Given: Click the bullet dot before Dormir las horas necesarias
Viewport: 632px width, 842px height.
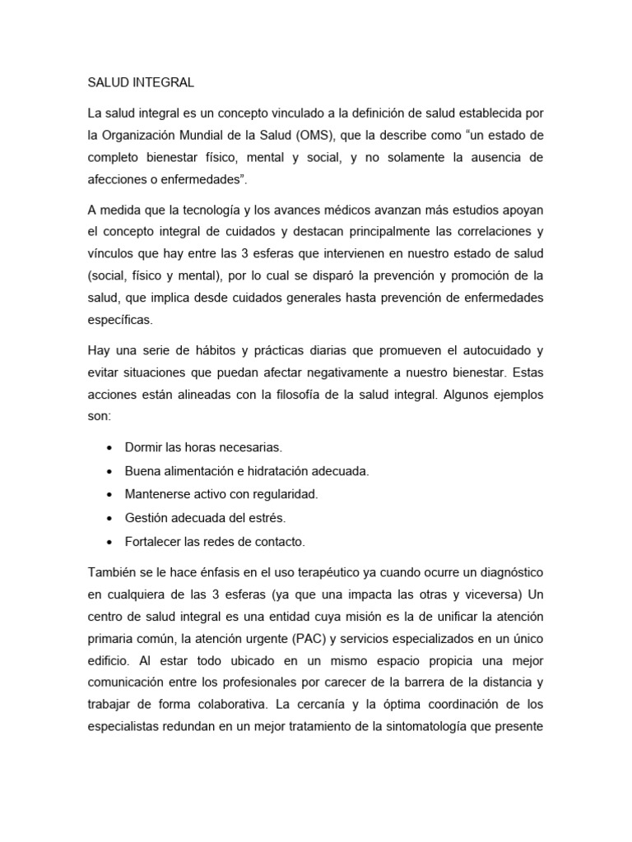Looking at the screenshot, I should [109, 448].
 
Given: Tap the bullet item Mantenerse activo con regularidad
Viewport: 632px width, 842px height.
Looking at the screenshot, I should [221, 495].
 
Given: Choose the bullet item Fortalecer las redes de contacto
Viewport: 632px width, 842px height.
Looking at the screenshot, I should [215, 542].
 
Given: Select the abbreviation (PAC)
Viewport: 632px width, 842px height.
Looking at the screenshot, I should [305, 638].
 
